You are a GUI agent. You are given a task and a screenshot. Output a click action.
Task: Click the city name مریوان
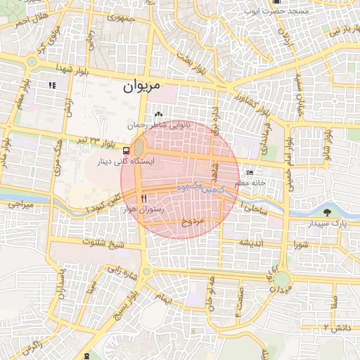pos(141,86)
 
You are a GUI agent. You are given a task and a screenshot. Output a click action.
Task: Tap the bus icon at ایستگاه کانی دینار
pos(126,150)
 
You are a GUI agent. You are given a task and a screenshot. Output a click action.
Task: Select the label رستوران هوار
pos(143,210)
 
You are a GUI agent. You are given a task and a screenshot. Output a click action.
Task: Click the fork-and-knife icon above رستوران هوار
pos(143,198)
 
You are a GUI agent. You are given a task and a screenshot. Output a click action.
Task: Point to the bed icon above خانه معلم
pos(250,172)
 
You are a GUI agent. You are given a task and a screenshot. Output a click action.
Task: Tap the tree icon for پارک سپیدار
pos(327,212)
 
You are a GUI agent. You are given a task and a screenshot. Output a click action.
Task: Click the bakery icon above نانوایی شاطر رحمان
pos(157,115)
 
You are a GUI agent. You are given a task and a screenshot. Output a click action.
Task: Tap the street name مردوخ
pos(193,221)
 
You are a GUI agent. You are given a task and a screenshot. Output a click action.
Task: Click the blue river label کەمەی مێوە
pos(200,188)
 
